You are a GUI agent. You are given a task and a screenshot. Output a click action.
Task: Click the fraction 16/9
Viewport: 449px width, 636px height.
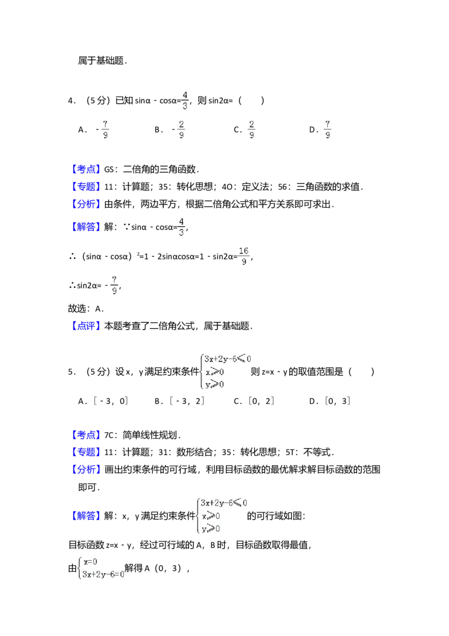[243, 257]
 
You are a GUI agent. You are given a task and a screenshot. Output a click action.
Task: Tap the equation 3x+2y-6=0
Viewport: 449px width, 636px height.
[103, 574]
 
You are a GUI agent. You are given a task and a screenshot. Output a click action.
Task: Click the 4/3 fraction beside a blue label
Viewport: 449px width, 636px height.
[181, 226]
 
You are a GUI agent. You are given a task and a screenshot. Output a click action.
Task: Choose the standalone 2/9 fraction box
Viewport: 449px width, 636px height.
[181, 130]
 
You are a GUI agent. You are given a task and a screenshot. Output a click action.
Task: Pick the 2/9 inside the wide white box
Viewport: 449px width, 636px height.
[252, 130]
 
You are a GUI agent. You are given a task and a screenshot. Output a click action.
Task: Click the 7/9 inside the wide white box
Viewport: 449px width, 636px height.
[328, 130]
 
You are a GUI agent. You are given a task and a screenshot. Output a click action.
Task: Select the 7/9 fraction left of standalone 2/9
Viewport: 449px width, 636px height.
[106, 130]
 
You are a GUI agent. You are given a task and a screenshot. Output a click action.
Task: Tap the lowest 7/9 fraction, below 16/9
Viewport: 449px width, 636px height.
[114, 285]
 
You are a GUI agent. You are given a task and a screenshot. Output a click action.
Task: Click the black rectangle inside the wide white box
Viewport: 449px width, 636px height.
[314, 131]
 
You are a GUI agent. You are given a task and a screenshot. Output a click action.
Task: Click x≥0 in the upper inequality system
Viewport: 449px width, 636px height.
[214, 371]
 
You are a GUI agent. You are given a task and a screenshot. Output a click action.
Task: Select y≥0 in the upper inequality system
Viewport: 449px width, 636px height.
[214, 384]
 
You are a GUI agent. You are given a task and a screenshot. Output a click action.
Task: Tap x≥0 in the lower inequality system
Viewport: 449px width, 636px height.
[210, 516]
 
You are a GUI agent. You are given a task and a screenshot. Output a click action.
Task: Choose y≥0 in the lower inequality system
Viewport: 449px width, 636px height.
[210, 528]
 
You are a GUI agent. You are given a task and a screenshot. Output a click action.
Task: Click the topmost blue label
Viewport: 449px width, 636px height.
[87, 169]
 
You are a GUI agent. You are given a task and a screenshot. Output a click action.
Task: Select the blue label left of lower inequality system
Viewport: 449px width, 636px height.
[87, 515]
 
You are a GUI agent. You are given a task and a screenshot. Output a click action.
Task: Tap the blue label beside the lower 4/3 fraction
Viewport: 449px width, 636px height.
[87, 226]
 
